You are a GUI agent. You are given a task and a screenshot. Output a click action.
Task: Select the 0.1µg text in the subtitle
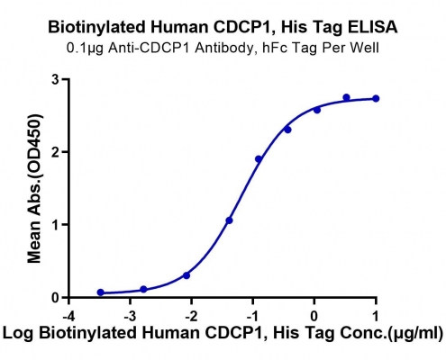pos(85,48)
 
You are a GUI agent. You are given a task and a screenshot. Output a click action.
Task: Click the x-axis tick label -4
pos(68,316)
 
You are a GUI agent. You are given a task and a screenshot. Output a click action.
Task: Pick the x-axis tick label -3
pos(130,316)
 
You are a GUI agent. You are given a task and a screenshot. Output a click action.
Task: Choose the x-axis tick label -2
pos(191,316)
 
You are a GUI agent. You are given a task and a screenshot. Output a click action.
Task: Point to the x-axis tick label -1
pos(252,316)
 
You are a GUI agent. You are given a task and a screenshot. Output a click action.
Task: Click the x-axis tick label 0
pos(314,316)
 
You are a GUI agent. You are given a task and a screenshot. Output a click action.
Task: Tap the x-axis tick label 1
pos(376,316)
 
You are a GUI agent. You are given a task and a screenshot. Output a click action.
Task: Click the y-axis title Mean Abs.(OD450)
pos(34,188)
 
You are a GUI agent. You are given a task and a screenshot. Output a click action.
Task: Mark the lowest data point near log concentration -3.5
pos(101,292)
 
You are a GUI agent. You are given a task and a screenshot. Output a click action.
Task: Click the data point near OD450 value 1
pos(230,220)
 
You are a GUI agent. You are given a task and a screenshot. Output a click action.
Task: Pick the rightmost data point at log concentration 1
pos(376,98)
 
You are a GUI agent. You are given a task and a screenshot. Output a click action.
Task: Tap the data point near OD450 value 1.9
pos(259,159)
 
